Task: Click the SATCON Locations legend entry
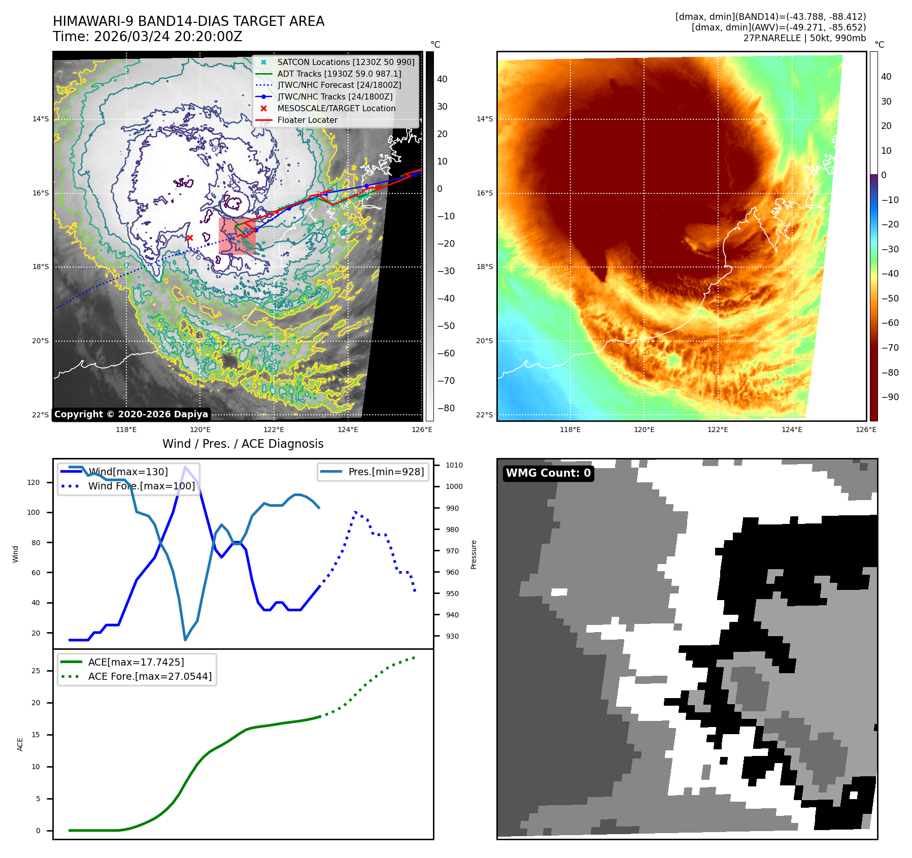tap(345, 62)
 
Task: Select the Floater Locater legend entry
tap(307, 120)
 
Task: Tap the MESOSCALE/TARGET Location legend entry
tap(336, 108)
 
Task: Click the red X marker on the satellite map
tap(190, 238)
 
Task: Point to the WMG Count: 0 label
tap(548, 473)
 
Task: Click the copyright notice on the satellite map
tap(131, 414)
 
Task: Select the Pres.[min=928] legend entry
tap(386, 472)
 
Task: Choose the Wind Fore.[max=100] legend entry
tap(141, 486)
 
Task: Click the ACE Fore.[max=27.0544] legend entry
tap(150, 676)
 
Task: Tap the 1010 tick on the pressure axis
tap(454, 465)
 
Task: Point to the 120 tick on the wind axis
tap(33, 482)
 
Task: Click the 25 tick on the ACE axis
tap(36, 671)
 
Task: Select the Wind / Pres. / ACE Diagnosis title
tap(243, 444)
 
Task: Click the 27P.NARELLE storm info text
tap(804, 38)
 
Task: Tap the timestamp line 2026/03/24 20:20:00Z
tap(148, 37)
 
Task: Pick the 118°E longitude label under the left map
tap(126, 430)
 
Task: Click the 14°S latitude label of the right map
tap(484, 119)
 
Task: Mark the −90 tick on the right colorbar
tap(890, 397)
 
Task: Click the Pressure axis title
tap(474, 554)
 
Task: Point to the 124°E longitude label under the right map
tap(792, 430)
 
